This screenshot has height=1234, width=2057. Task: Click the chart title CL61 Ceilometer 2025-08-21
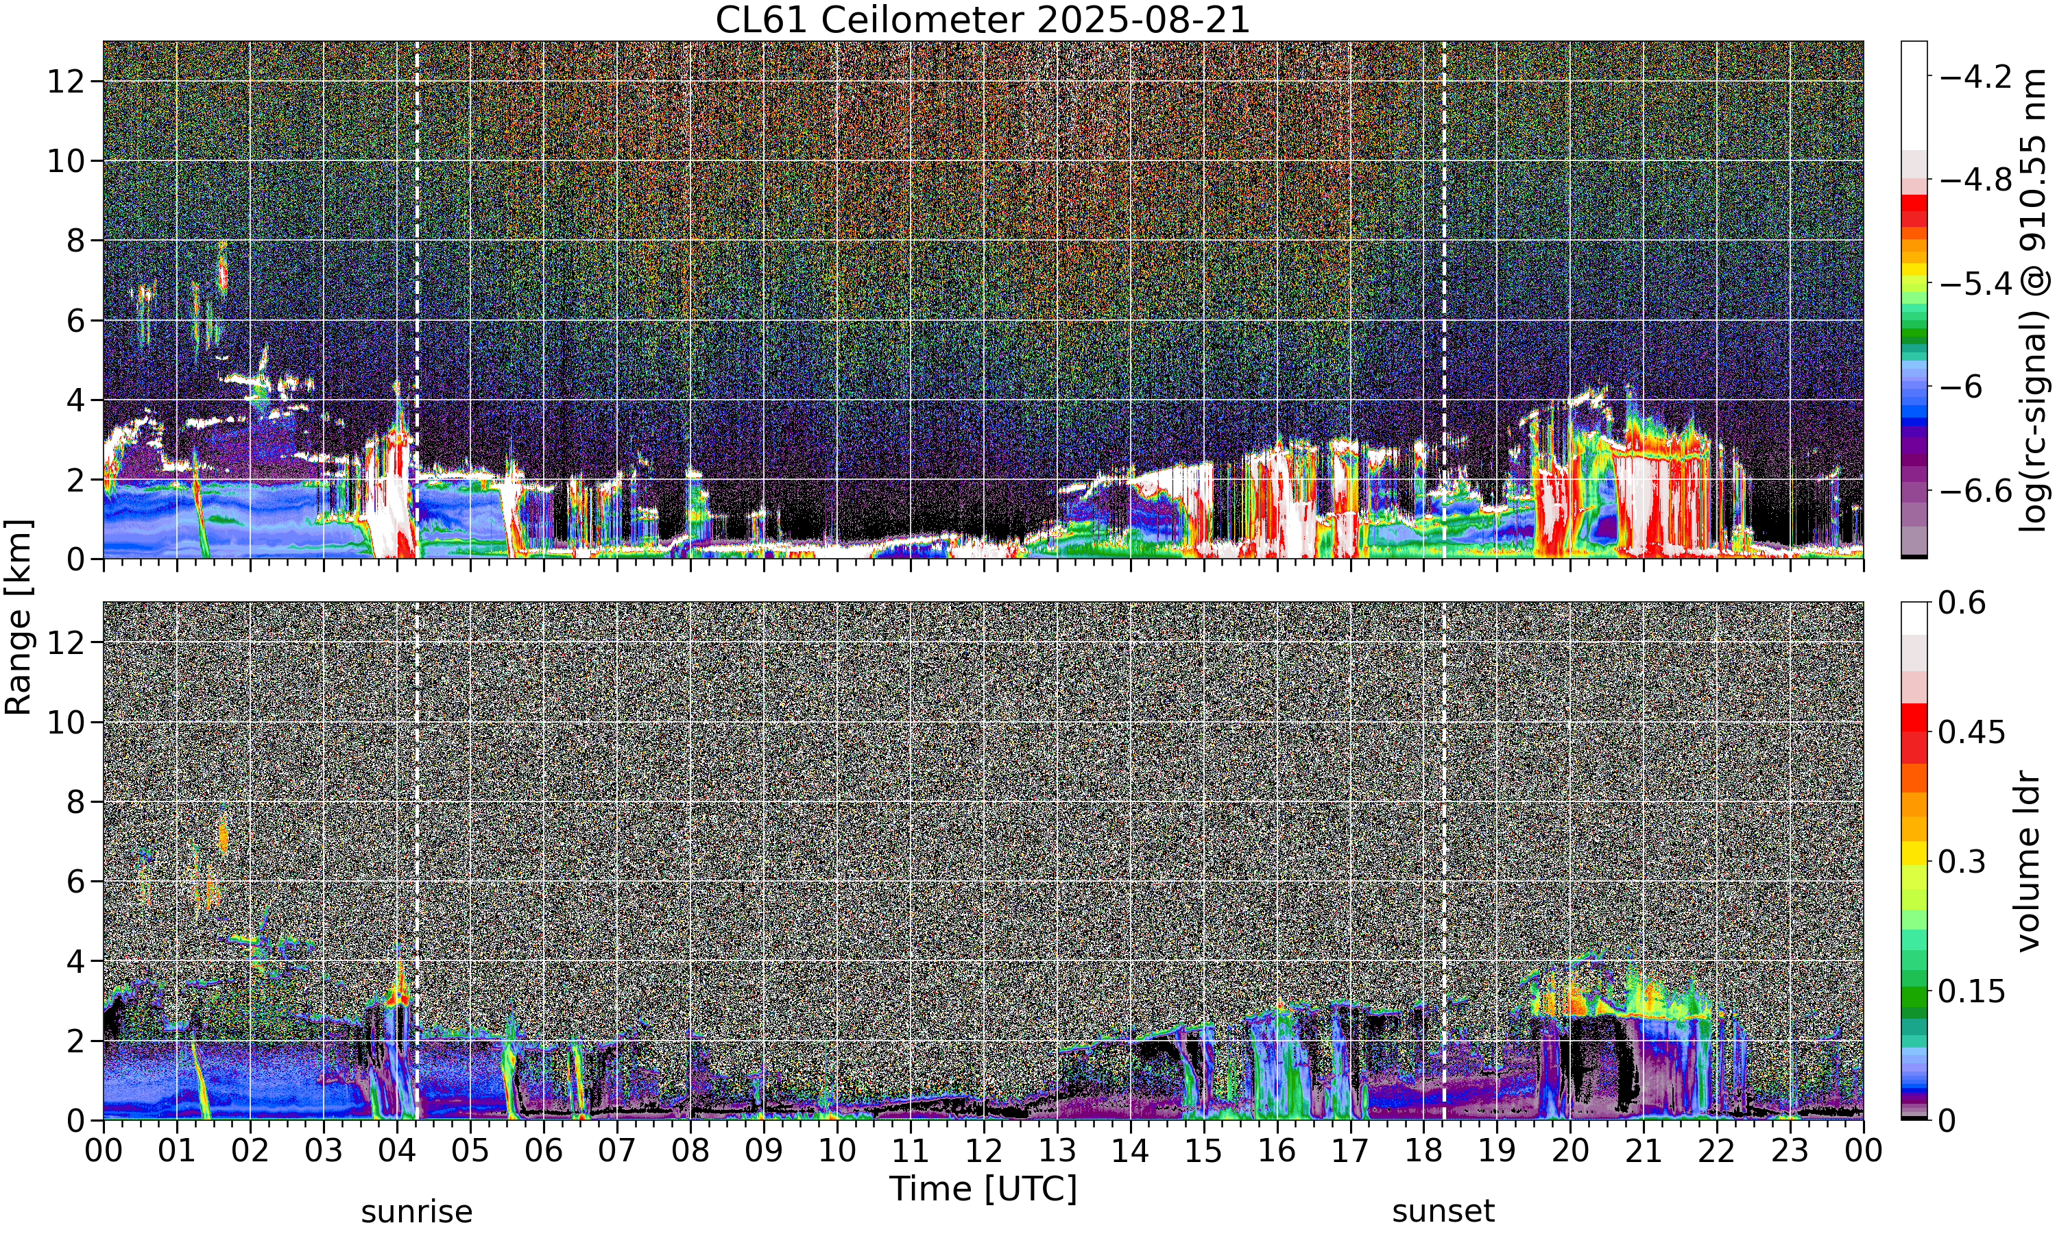pyautogui.click(x=982, y=20)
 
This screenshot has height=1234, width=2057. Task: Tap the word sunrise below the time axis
pyautogui.click(x=417, y=1211)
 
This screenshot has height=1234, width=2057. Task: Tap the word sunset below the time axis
pyautogui.click(x=1443, y=1211)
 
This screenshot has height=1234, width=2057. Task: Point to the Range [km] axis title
pyautogui.click(x=19, y=616)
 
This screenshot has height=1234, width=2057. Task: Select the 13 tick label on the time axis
pyautogui.click(x=1057, y=1151)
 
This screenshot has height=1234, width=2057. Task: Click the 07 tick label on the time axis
pyautogui.click(x=617, y=1151)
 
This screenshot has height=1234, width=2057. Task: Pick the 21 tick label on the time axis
pyautogui.click(x=1643, y=1151)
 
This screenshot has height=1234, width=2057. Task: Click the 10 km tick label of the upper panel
pyautogui.click(x=67, y=160)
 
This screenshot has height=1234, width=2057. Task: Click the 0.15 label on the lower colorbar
pyautogui.click(x=1972, y=991)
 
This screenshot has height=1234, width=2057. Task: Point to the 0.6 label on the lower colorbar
pyautogui.click(x=1962, y=603)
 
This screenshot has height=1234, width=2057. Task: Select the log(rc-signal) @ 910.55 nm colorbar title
pyautogui.click(x=2033, y=300)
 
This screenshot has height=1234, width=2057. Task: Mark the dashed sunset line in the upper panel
pyautogui.click(x=1443, y=300)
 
